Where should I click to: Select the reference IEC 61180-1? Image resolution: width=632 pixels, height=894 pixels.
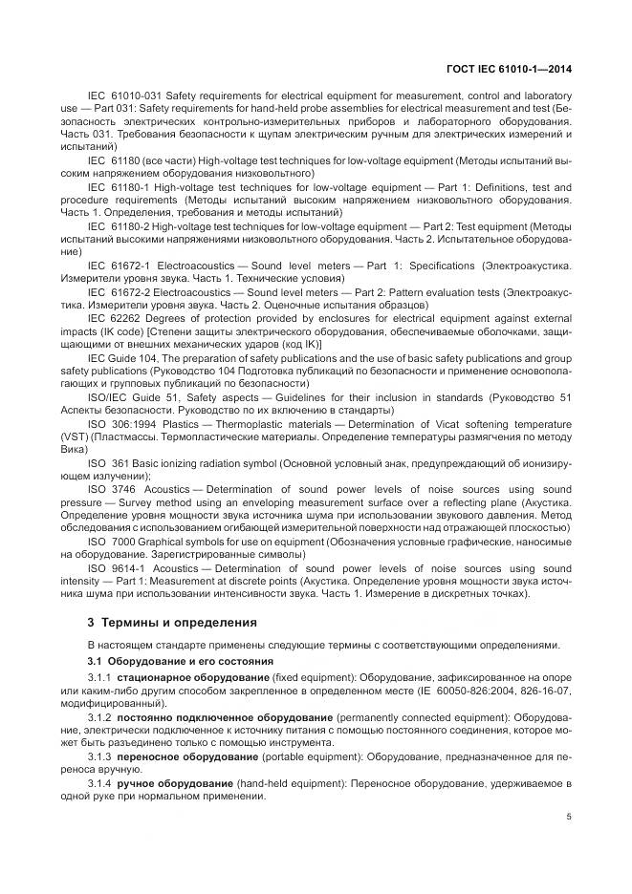(x=121, y=187)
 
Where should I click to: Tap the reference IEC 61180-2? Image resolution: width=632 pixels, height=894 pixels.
(x=121, y=226)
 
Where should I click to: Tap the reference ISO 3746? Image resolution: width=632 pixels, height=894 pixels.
(x=112, y=487)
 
